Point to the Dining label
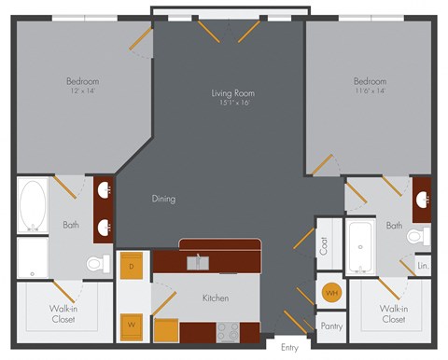[164, 199]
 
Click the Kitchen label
[217, 299]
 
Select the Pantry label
[330, 326]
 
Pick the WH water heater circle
[330, 293]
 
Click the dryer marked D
[131, 267]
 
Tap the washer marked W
[131, 325]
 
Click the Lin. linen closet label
[423, 266]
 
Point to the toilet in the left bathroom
[96, 264]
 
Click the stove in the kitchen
[228, 331]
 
